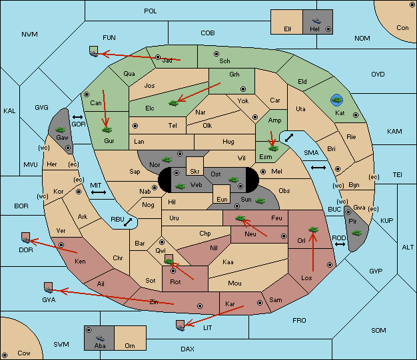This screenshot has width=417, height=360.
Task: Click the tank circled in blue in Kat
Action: coord(336,100)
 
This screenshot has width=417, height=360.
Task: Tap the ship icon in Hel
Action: coord(316,21)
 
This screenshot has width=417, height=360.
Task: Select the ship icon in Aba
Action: coord(100,337)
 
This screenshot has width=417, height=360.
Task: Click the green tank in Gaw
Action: coord(61,130)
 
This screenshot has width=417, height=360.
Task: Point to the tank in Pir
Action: coord(356,233)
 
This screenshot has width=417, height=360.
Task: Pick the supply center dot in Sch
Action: coord(216,54)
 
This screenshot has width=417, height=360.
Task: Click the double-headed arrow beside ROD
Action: coord(340,244)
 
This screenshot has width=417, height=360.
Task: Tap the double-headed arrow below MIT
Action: coord(99,192)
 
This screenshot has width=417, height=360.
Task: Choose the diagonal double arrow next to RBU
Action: coord(128,222)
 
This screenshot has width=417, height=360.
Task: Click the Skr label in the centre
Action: coord(195,172)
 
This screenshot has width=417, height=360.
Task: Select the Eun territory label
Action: coord(222,199)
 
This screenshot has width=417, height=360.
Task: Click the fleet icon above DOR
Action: coord(25,238)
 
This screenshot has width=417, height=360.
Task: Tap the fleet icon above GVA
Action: coord(48,287)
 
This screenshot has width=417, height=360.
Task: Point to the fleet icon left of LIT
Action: coord(180,325)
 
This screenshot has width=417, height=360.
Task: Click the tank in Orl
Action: coord(313,230)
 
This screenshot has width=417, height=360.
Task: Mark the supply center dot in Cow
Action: coord(5,355)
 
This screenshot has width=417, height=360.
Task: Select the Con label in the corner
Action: coord(402,28)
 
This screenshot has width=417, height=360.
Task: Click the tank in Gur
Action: coord(107,130)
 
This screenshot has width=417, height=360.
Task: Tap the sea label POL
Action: coord(151,11)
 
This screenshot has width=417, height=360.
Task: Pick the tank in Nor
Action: coord(167,160)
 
